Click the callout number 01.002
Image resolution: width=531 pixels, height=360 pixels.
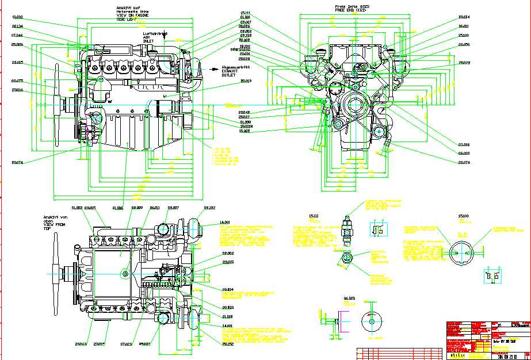coord(17,17)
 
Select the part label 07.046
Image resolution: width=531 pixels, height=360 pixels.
coord(17,35)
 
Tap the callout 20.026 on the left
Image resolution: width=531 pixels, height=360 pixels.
coord(17,44)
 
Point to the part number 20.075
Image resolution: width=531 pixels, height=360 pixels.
coord(17,81)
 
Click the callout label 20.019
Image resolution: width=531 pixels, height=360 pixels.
coord(246,81)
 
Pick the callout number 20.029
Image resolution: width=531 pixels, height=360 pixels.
coord(464,63)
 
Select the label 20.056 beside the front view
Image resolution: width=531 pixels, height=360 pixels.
coord(464,44)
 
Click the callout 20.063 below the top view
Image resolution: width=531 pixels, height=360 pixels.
coord(80,344)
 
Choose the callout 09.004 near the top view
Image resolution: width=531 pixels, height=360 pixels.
coord(227,289)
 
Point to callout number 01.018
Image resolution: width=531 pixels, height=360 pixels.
coord(227,316)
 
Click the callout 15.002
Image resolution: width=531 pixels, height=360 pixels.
coord(245,131)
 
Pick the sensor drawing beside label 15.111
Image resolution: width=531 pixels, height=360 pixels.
coord(347,229)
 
